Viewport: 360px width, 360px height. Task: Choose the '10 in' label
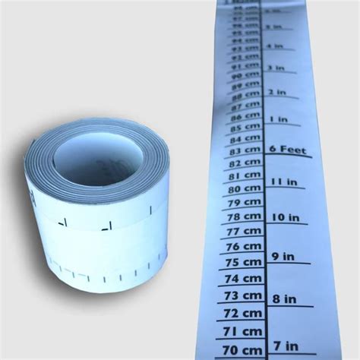(x=284, y=217)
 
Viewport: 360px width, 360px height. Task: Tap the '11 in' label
(x=282, y=182)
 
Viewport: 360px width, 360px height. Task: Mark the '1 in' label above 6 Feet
(x=277, y=119)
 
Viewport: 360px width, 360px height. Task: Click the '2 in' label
(x=276, y=92)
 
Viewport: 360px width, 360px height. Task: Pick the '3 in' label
(x=275, y=68)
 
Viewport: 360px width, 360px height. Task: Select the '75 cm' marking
(x=243, y=262)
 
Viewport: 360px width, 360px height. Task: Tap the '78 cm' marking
(x=244, y=216)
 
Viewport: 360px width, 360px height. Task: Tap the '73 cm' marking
(x=242, y=295)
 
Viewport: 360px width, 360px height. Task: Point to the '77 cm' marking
(x=244, y=231)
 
